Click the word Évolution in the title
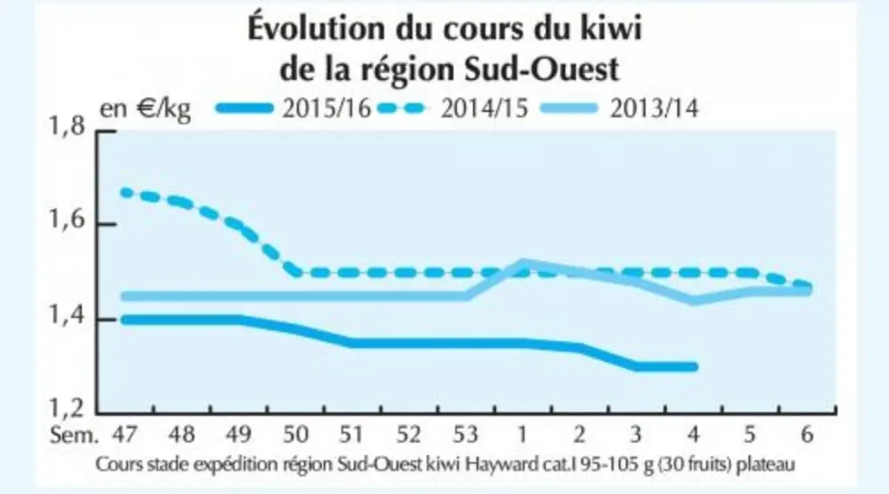(x=316, y=29)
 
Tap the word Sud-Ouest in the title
(x=542, y=69)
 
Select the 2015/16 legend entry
(x=293, y=109)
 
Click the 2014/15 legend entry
(x=451, y=109)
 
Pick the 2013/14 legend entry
(x=620, y=109)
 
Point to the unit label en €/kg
(x=146, y=109)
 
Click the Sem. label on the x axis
(x=75, y=434)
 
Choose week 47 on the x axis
(x=125, y=434)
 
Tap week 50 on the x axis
(x=295, y=434)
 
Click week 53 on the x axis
(x=465, y=434)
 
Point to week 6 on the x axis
(x=807, y=434)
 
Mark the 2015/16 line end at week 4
(x=694, y=367)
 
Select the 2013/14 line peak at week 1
(x=523, y=264)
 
